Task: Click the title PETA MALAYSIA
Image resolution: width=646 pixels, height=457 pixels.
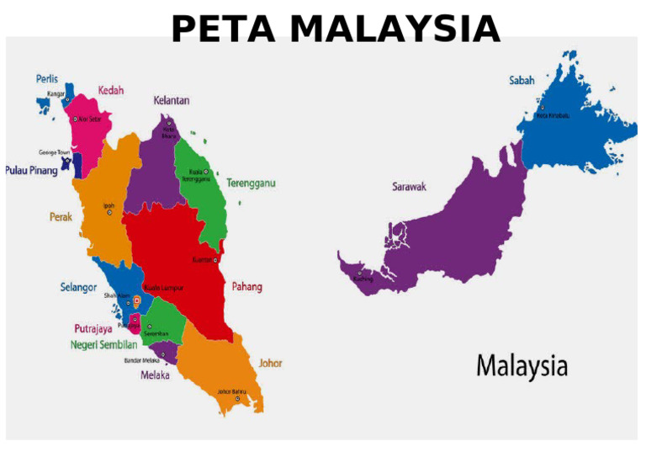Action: click(x=335, y=29)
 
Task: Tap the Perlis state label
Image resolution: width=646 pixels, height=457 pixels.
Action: click(x=47, y=78)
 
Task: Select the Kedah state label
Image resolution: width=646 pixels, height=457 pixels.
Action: click(x=113, y=90)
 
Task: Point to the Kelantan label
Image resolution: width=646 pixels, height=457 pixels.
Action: click(x=171, y=100)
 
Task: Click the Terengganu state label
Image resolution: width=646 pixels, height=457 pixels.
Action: click(x=251, y=183)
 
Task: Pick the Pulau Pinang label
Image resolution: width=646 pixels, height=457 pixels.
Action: click(x=32, y=170)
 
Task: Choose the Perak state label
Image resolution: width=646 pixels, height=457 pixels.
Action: click(x=61, y=216)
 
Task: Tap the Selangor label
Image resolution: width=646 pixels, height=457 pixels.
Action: click(x=77, y=287)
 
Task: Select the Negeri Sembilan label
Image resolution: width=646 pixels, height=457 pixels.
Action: click(x=103, y=344)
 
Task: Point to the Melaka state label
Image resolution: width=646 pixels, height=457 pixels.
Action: click(x=154, y=375)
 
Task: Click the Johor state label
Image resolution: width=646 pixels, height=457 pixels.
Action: click(x=270, y=364)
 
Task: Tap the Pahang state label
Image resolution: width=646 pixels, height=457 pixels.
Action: click(x=246, y=287)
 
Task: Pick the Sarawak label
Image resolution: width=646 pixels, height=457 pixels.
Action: click(x=409, y=187)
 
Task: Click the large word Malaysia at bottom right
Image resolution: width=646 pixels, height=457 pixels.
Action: click(x=522, y=366)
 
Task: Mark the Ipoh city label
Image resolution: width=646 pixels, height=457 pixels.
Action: click(x=109, y=205)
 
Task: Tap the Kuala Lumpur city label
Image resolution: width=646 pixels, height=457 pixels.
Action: click(x=164, y=288)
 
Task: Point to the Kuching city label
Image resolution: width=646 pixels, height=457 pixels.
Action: click(x=363, y=279)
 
